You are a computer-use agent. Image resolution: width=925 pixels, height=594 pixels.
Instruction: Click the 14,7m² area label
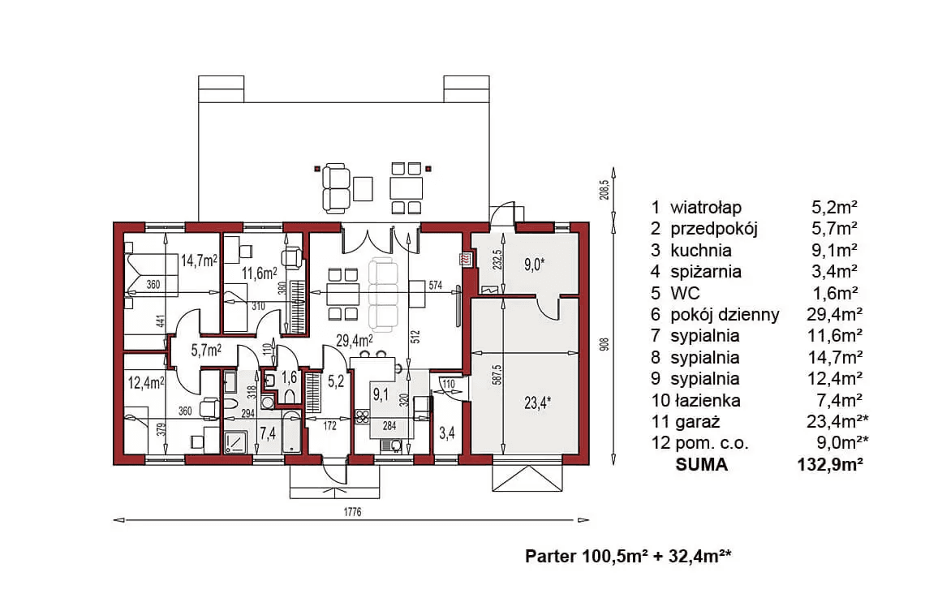[200, 260]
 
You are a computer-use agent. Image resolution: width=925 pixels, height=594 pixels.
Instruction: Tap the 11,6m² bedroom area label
[260, 273]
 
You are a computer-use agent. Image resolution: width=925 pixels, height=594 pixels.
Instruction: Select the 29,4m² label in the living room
[354, 340]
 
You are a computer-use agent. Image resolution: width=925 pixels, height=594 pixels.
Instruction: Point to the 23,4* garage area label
[537, 402]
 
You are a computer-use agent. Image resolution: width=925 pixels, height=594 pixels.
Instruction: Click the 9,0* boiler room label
[534, 265]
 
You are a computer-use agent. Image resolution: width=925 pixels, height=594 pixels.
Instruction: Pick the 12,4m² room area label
[146, 383]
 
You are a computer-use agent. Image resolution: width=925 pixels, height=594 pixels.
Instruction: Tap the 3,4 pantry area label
[446, 433]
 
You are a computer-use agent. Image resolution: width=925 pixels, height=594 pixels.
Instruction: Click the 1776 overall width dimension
[352, 512]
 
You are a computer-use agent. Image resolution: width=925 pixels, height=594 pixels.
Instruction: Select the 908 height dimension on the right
[604, 345]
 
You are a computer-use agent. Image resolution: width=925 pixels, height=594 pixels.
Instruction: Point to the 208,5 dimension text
[604, 190]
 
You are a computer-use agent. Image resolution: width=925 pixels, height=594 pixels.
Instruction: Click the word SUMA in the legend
[701, 465]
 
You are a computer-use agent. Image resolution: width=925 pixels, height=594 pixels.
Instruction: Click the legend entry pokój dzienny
[725, 315]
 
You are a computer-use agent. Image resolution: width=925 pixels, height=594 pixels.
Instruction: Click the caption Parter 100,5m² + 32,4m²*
[629, 556]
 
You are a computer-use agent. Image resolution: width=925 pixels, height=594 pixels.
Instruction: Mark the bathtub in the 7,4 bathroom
[291, 433]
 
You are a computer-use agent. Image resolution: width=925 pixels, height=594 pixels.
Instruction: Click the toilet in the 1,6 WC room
[290, 394]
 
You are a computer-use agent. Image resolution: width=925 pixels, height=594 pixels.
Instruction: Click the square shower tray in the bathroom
[235, 441]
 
